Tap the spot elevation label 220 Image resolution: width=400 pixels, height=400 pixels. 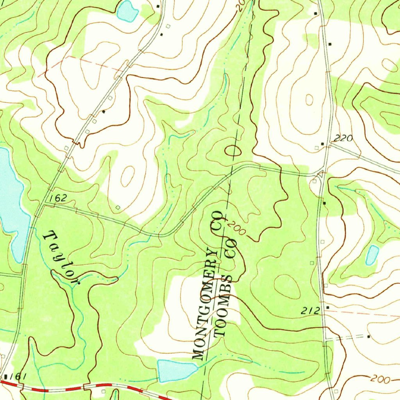point(344,138)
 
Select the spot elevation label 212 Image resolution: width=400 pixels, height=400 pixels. point(311,311)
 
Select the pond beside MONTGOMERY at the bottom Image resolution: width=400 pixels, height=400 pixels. point(176,370)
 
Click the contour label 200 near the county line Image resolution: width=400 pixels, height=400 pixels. point(235,229)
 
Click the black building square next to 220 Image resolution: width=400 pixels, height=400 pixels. point(322,144)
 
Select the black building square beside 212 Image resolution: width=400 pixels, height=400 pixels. point(327,307)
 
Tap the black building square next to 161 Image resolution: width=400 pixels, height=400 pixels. point(6,377)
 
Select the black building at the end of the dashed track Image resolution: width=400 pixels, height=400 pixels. point(368,336)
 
